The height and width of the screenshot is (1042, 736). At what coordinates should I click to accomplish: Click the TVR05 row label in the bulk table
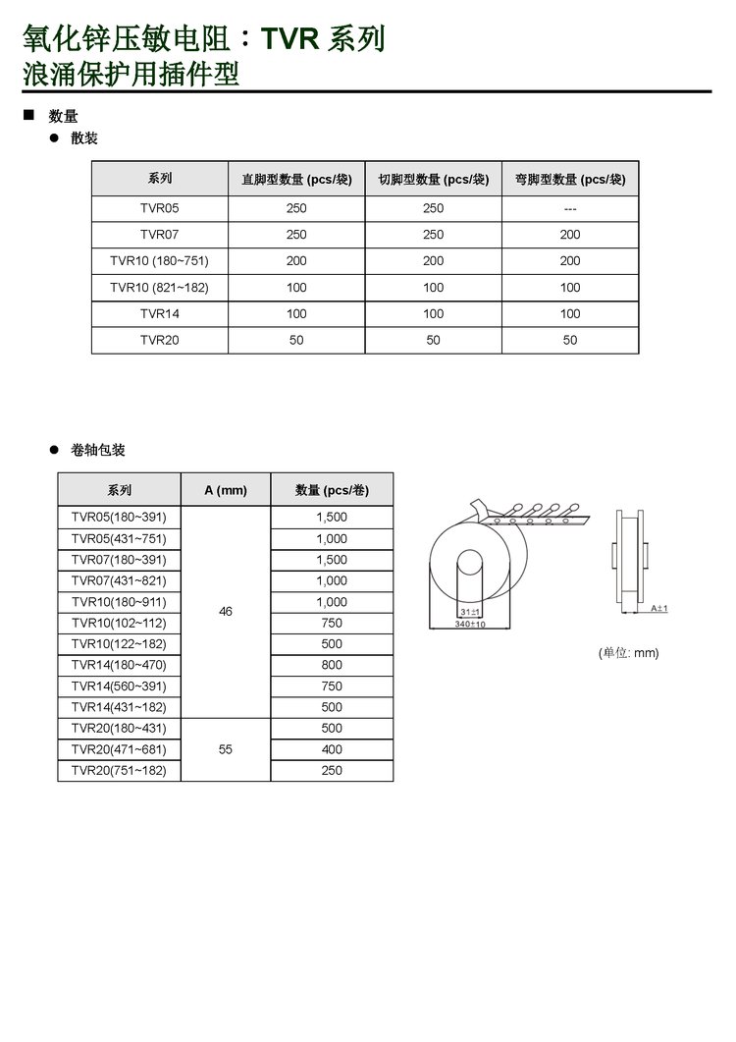[160, 208]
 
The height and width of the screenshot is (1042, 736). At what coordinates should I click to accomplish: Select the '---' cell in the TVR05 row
[570, 208]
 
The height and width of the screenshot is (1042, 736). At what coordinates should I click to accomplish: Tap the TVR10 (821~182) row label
[160, 288]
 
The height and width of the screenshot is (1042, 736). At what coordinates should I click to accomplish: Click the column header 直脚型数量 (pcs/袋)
[296, 179]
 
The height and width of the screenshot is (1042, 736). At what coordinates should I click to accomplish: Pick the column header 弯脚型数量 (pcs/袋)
[570, 179]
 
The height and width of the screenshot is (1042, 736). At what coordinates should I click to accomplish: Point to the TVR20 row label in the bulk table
[160, 340]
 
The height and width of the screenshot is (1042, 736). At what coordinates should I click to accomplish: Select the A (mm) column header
[226, 490]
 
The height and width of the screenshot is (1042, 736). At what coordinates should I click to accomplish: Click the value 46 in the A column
[226, 612]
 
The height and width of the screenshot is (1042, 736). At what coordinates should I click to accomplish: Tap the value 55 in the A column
[226, 749]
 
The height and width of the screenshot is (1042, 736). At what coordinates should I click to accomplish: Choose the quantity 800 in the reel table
[332, 665]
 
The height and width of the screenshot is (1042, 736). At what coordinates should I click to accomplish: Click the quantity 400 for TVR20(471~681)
[332, 749]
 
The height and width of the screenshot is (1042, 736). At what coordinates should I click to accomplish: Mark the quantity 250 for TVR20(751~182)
[332, 771]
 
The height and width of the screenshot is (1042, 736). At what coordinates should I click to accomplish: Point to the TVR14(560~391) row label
[119, 686]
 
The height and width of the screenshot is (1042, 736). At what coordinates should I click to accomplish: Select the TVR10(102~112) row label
[119, 623]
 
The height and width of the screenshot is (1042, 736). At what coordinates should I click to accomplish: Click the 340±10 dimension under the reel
[470, 624]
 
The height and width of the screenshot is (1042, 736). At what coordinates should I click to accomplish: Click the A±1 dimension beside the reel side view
[659, 609]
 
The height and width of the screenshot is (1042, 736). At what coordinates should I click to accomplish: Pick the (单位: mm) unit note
[629, 653]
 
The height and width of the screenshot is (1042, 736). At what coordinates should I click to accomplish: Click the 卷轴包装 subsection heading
[98, 451]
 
